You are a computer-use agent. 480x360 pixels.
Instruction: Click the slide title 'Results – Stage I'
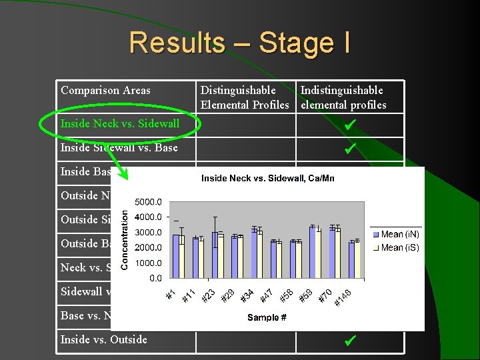[239, 43]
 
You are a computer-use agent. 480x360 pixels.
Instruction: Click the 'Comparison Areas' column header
[105, 91]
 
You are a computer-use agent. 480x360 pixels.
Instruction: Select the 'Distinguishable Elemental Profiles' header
[245, 97]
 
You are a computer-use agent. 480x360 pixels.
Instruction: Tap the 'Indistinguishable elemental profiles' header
[343, 97]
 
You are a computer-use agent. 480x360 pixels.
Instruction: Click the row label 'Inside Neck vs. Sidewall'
[120, 123]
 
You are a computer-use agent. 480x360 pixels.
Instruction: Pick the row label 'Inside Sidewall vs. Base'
[119, 147]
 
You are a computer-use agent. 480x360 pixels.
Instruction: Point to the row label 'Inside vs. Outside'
[103, 339]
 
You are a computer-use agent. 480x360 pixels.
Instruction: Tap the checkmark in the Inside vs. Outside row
[349, 341]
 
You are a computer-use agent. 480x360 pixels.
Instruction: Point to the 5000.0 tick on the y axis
[149, 201]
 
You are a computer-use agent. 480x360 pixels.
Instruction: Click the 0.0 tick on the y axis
[155, 277]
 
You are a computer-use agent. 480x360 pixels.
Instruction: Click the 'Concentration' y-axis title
[125, 237]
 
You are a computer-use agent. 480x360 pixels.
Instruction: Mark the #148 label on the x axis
[343, 296]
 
